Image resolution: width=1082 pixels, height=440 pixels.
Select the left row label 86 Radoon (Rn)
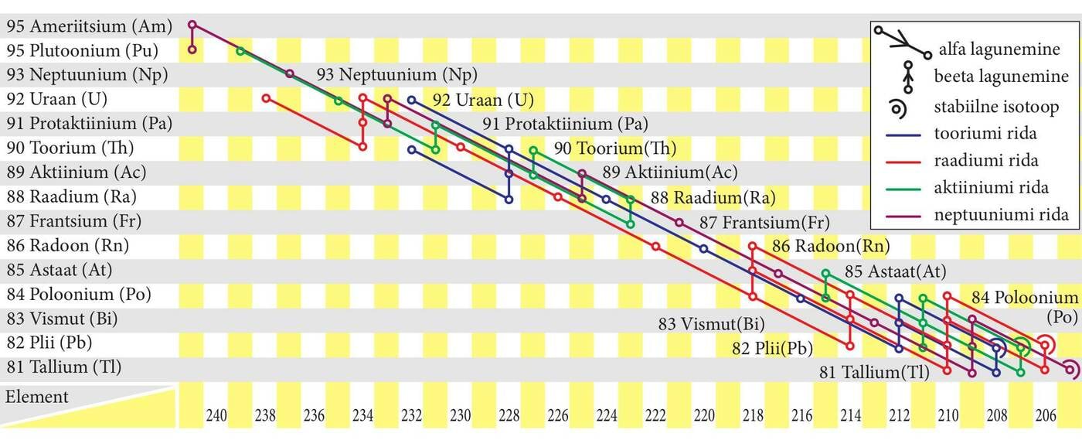[68, 246]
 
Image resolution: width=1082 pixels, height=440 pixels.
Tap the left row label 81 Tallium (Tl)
[64, 367]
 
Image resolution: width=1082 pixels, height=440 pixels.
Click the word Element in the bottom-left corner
[37, 397]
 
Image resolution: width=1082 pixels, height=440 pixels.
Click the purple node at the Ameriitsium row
[192, 26]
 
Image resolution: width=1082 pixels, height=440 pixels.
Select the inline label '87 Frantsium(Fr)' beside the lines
[764, 223]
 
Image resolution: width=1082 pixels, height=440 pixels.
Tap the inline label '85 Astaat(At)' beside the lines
[895, 272]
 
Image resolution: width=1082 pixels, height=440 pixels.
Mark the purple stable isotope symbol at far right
[1070, 370]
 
